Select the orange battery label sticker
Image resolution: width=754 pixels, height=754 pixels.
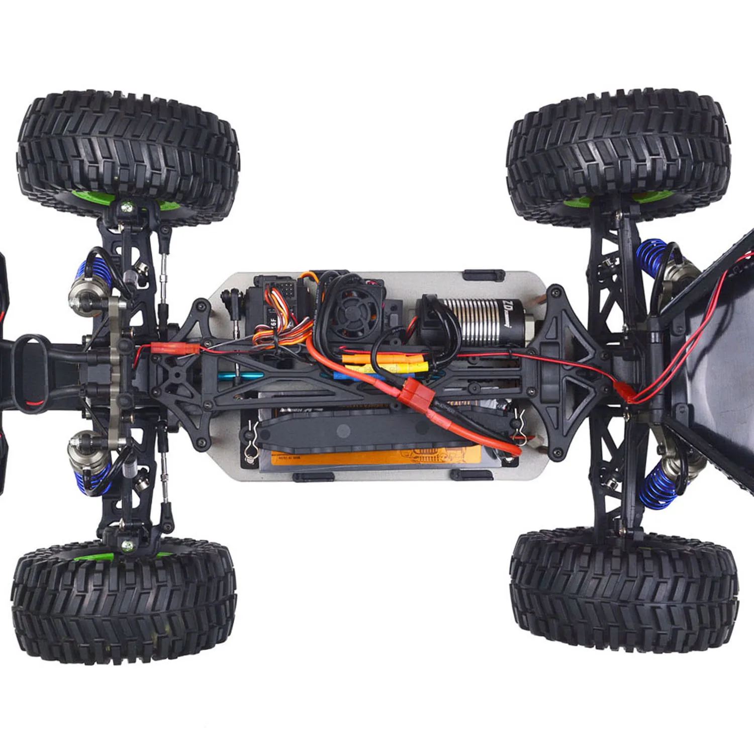[x=372, y=458]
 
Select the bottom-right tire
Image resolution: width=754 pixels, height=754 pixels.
[x=623, y=593]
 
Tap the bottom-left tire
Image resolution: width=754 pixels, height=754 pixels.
[x=123, y=601]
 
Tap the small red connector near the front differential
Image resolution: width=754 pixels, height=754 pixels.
[x=168, y=348]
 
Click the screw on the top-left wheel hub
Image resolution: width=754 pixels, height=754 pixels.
[x=127, y=206]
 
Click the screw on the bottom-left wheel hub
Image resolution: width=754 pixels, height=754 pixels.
[x=126, y=545]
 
